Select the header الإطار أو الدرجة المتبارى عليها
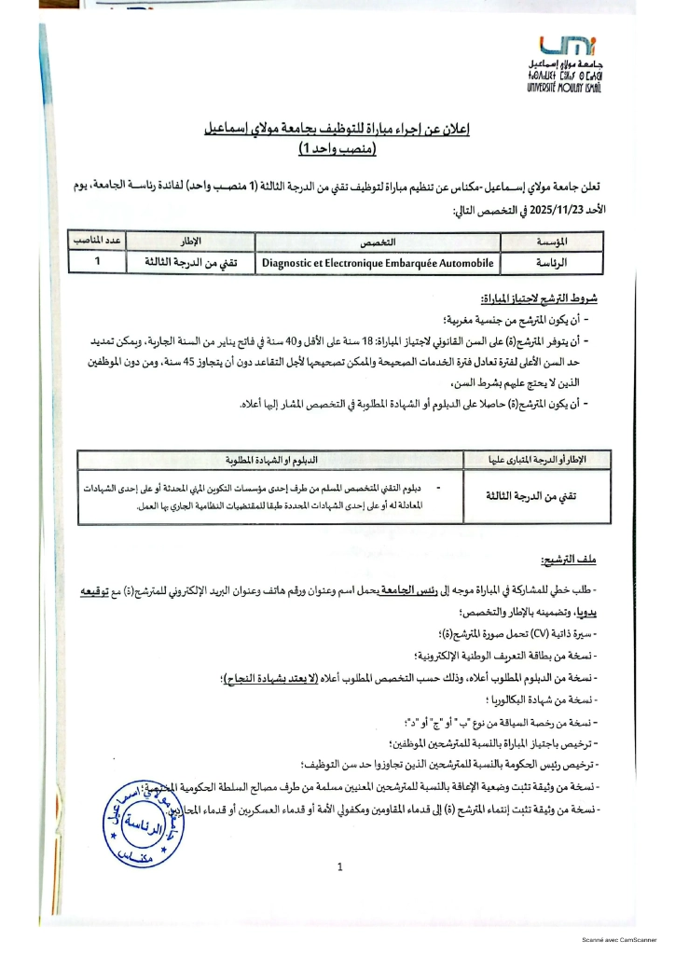click(538, 460)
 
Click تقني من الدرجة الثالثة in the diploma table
click(538, 496)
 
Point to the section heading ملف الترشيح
click(572, 560)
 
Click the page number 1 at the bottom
click(340, 867)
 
